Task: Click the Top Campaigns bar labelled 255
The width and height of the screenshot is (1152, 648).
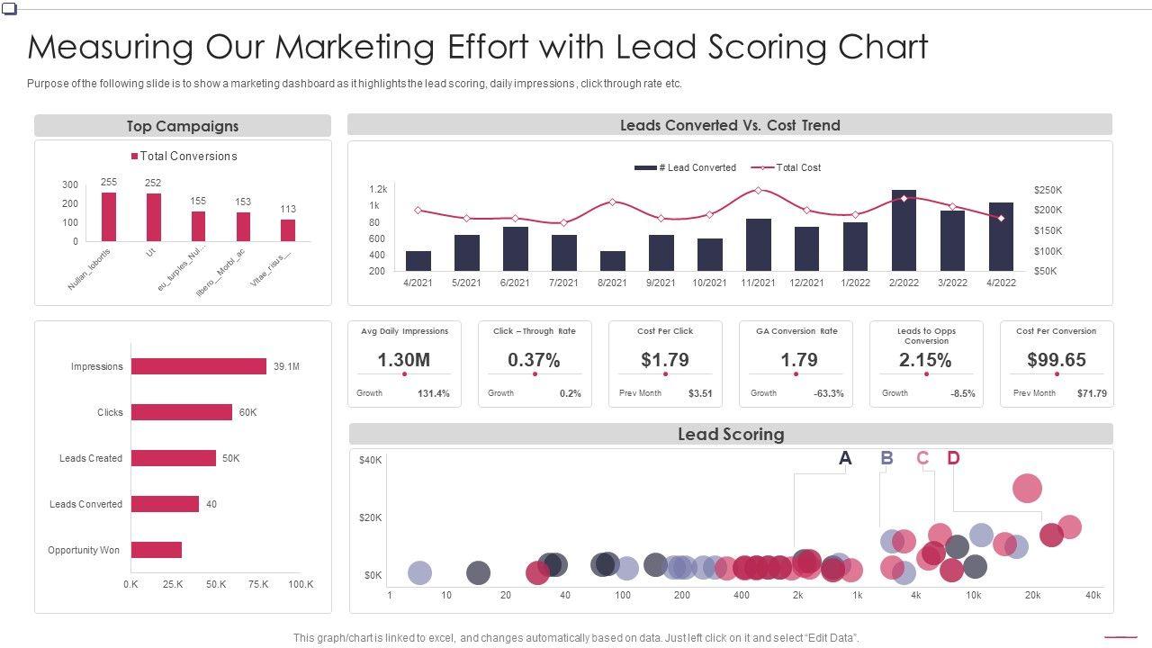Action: [x=109, y=217]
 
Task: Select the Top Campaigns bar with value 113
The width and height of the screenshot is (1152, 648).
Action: [x=288, y=230]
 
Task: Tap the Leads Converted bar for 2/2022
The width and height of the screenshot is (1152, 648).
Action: [x=904, y=230]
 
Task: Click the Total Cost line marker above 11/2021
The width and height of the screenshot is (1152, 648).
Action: [x=758, y=191]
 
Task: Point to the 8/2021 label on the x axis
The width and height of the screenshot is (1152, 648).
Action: [x=612, y=283]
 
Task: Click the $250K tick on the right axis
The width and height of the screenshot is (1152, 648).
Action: [x=1048, y=191]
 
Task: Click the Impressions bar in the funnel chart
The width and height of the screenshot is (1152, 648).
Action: [x=199, y=366]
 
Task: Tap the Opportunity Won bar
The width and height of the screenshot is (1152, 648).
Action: [x=157, y=550]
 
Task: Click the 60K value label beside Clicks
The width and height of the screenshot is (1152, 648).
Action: [x=248, y=412]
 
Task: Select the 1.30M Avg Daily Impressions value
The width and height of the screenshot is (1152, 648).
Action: [x=403, y=360]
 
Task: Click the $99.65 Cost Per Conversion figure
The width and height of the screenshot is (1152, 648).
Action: [x=1056, y=360]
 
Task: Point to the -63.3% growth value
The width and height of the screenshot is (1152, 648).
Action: [x=828, y=393]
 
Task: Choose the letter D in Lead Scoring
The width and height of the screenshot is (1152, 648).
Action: [x=953, y=458]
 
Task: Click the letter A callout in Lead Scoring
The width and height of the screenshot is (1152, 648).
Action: [x=845, y=458]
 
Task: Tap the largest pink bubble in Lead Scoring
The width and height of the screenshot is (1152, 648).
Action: [x=1027, y=489]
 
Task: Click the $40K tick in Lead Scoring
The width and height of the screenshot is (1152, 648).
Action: [x=371, y=461]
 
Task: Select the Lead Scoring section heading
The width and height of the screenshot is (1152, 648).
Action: [x=731, y=435]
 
